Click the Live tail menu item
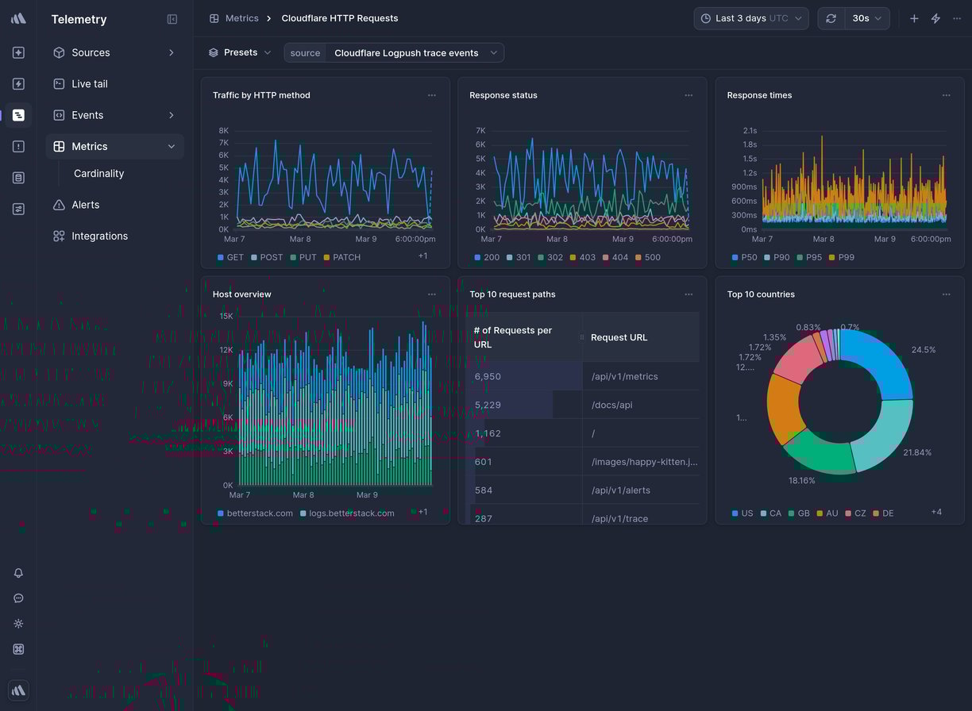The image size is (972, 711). point(89,84)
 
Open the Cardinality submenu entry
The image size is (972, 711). point(98,174)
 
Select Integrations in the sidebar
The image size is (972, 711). point(99,236)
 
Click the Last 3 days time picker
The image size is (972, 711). point(750,18)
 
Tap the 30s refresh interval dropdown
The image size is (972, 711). point(866,18)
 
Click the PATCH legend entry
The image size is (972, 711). point(346,258)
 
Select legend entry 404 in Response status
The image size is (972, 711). point(619,258)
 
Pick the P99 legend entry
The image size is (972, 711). point(846,258)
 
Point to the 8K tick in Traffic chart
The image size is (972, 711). point(223,131)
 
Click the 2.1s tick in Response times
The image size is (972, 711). point(749,131)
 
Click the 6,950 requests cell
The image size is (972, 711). point(488,377)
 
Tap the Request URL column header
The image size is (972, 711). point(619,338)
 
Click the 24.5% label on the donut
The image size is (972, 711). point(923,350)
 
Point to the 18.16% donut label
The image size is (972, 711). point(801,481)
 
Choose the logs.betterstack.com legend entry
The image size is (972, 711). point(351,513)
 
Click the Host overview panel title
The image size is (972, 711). point(241,294)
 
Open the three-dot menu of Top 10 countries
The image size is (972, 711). point(946,294)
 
